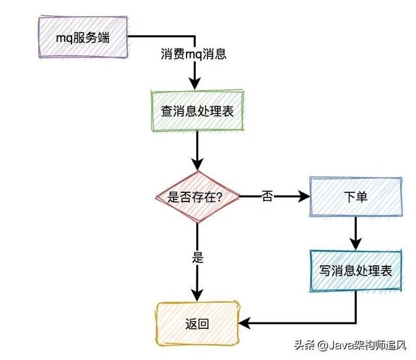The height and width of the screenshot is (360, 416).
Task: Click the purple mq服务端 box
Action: [x=83, y=37]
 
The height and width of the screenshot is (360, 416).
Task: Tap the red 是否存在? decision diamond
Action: [x=196, y=196]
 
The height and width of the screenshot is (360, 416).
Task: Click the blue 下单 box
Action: [x=355, y=196]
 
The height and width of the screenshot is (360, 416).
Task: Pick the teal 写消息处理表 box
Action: [x=356, y=271]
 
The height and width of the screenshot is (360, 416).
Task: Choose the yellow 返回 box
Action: [x=197, y=323]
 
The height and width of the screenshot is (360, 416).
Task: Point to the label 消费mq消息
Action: [x=193, y=55]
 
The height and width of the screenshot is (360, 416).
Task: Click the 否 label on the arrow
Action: [x=267, y=196]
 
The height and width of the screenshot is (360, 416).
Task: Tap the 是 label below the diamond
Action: [x=198, y=257]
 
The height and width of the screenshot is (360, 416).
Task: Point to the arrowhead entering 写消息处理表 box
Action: [x=356, y=244]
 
